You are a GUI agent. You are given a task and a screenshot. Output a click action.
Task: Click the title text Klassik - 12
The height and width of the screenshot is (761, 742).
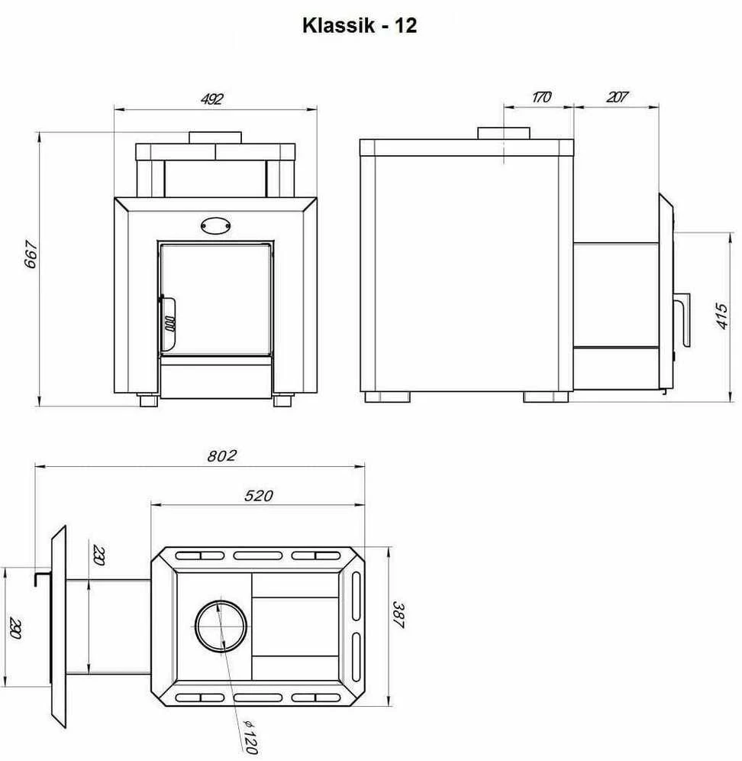pyautogui.click(x=360, y=26)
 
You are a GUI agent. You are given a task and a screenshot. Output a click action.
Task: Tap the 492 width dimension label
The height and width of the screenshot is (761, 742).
pyautogui.click(x=212, y=99)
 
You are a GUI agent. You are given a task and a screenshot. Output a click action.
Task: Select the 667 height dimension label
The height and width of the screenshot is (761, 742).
pyautogui.click(x=31, y=254)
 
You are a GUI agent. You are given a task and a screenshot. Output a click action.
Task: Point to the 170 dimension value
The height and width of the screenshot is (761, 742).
pyautogui.click(x=540, y=97)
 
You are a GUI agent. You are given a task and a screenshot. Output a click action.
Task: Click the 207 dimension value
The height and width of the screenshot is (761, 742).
pyautogui.click(x=616, y=97)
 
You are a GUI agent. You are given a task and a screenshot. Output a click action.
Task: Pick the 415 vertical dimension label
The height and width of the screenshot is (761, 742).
pyautogui.click(x=721, y=316)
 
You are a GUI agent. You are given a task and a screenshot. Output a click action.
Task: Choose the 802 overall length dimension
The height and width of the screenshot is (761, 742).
pyautogui.click(x=222, y=455)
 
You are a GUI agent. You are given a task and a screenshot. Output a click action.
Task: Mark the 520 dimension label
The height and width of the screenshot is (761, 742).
pyautogui.click(x=259, y=496)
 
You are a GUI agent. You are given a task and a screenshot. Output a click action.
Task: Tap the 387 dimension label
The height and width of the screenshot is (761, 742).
pyautogui.click(x=398, y=615)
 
